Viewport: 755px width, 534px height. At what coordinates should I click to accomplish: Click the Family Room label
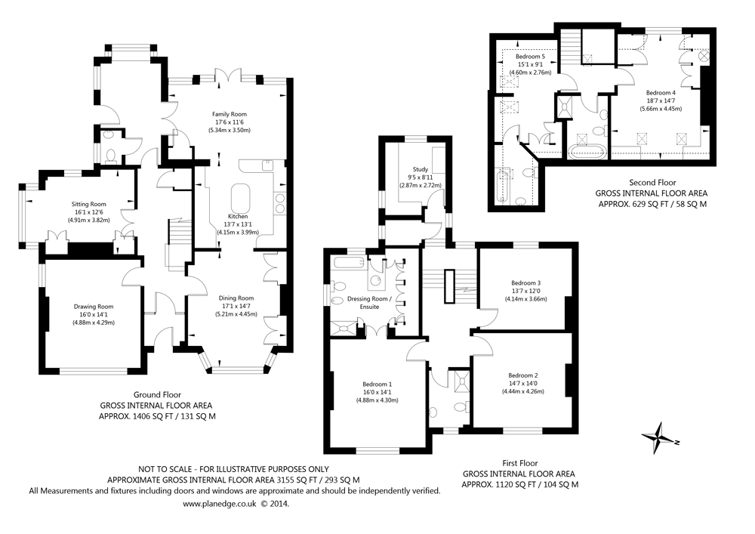point(230,113)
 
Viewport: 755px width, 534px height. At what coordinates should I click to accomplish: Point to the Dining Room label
point(236,298)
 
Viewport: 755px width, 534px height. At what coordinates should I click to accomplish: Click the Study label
point(421,168)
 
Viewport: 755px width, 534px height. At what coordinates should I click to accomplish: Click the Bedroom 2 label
point(522,375)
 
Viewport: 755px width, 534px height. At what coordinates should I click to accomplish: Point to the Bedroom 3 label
point(525,283)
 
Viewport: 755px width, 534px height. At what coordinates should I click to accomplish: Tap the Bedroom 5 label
point(530,57)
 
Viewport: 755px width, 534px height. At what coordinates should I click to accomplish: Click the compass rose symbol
point(658,439)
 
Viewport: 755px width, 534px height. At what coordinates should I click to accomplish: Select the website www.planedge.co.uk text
point(220,503)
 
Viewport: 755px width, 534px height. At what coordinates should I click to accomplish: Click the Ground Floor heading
point(157,394)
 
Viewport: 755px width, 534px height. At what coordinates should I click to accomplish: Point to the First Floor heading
point(519,462)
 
